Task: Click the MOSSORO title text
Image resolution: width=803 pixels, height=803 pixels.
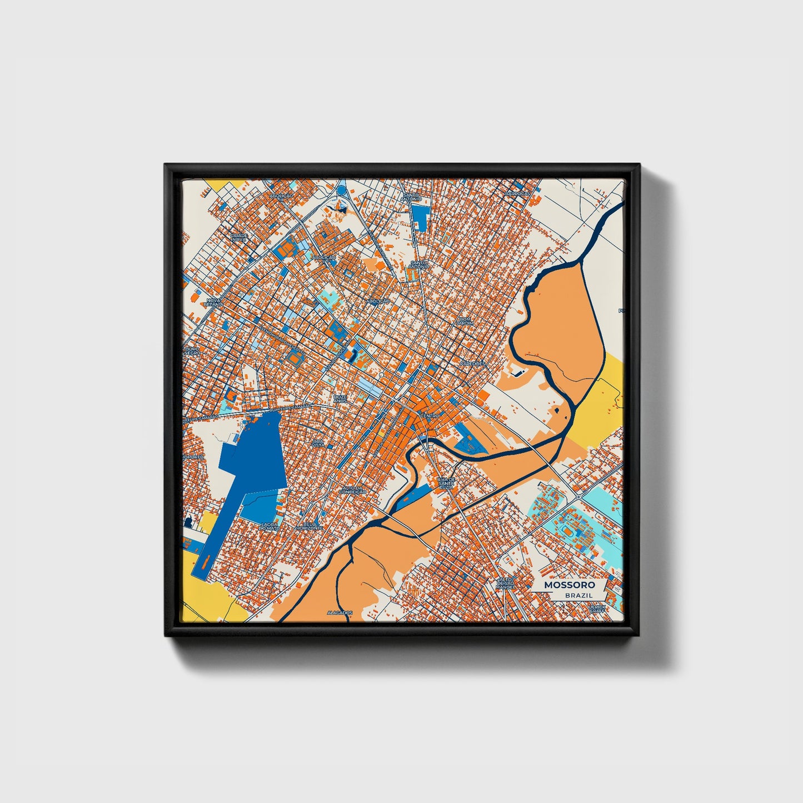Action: [x=569, y=585]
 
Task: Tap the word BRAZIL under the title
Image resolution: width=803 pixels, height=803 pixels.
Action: [x=578, y=595]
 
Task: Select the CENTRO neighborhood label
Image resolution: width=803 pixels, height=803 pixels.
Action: [x=430, y=416]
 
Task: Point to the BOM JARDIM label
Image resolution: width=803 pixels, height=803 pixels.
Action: [x=465, y=321]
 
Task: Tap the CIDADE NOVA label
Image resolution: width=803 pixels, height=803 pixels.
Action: [x=238, y=237]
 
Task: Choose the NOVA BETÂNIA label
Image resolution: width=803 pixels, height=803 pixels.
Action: [x=213, y=302]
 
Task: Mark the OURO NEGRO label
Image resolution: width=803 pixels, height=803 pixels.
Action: [x=192, y=351]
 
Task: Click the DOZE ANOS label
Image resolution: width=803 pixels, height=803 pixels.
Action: [x=340, y=399]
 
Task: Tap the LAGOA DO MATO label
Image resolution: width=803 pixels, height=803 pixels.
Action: [x=270, y=525]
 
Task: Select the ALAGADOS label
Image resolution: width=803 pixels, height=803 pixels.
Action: [x=340, y=612]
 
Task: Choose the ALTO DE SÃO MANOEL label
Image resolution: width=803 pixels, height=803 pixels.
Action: [x=506, y=583]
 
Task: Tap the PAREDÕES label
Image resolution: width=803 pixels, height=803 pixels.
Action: [x=472, y=363]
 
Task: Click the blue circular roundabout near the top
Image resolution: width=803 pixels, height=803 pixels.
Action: [x=341, y=191]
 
